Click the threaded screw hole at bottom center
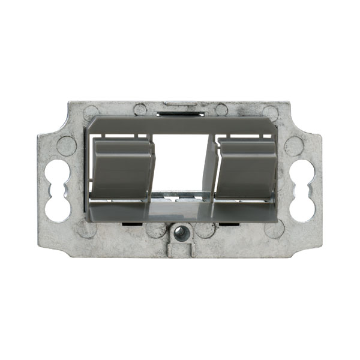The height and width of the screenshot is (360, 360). click(x=180, y=231)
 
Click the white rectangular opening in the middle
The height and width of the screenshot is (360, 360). click(x=181, y=162)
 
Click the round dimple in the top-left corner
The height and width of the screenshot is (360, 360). click(x=91, y=112)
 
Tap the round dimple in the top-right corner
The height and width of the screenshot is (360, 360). click(x=271, y=112)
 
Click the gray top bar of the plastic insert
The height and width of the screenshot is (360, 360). click(x=181, y=125)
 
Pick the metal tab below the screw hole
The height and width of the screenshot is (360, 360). click(x=180, y=249)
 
